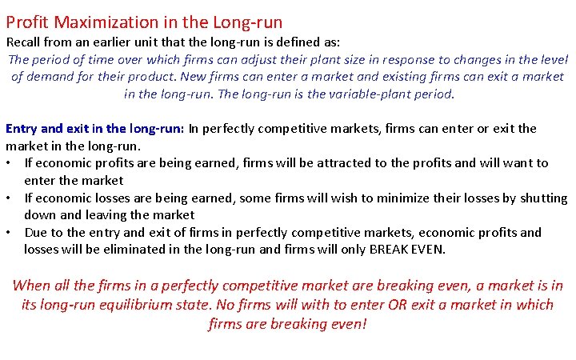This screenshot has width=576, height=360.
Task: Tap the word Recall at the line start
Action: pyautogui.click(x=24, y=42)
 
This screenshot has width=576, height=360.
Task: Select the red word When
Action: pyautogui.click(x=31, y=286)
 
